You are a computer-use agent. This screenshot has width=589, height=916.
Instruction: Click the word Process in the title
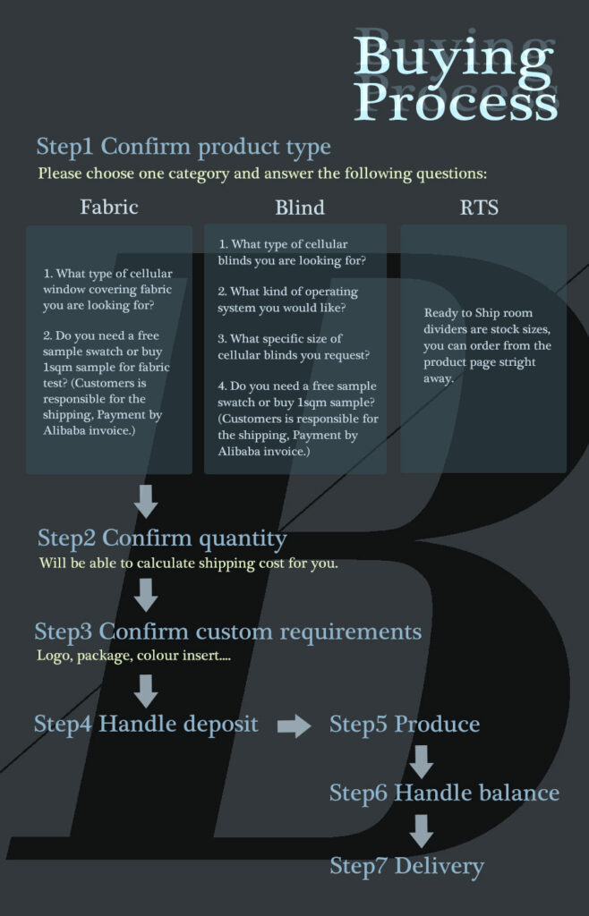point(456,104)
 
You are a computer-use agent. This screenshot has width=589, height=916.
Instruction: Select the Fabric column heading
point(109,208)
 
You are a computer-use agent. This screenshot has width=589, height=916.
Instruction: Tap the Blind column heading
point(300,208)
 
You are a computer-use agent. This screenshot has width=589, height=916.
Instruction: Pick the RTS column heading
point(479,208)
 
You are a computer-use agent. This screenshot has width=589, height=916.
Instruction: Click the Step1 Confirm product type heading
point(184,148)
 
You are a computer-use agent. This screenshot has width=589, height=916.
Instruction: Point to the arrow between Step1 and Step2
point(146,501)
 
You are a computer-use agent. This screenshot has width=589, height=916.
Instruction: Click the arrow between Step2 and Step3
point(146,595)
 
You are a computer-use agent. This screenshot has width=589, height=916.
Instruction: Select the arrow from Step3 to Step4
point(146,691)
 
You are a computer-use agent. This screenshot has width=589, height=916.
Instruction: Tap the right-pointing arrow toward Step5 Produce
point(294,726)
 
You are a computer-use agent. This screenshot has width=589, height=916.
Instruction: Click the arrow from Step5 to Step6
point(422,762)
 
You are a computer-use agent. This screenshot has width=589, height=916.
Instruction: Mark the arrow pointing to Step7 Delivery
point(422,831)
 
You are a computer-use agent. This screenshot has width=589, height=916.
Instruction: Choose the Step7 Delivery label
point(406,866)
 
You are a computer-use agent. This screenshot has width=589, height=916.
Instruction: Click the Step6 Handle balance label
point(444,793)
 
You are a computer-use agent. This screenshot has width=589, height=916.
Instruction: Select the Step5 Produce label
point(405,725)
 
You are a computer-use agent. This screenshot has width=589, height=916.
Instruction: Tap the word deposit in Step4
point(220,725)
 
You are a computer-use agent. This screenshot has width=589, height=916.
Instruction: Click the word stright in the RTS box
point(516,363)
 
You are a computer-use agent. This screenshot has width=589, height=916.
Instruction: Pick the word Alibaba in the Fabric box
point(64,431)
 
